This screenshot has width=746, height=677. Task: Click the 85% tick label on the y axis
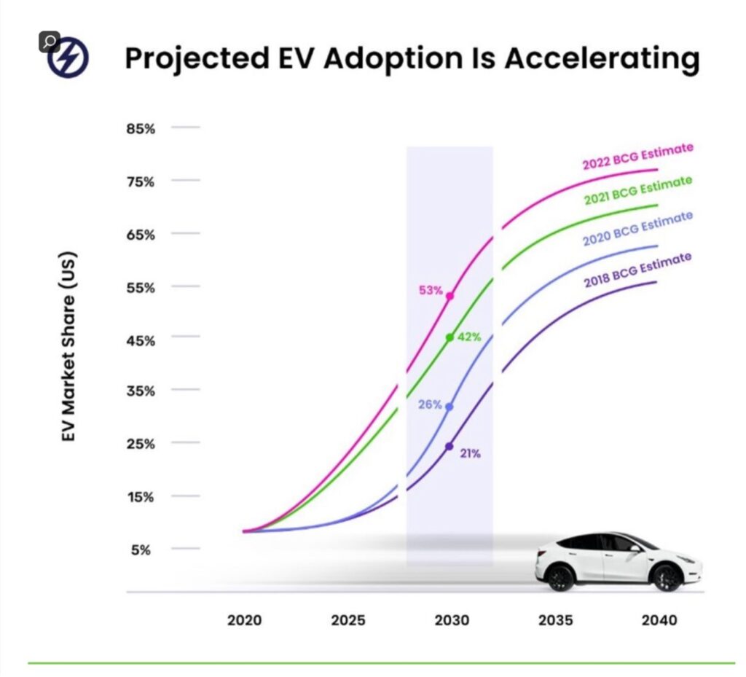coord(143,129)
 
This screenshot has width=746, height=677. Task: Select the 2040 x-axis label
coord(659,621)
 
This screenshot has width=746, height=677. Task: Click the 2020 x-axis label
coord(245,621)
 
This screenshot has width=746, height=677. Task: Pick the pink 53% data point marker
coord(449,296)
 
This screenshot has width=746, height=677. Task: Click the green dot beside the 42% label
coord(449,337)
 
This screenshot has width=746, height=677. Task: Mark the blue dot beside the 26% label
coord(449,406)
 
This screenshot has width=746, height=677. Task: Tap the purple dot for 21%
coord(449,446)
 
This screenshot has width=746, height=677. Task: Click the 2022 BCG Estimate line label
coord(637,156)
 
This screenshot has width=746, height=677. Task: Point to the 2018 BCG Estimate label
coord(637,268)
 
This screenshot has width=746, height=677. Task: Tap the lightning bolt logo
coord(69,58)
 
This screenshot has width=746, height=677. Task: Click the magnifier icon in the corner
coord(49,41)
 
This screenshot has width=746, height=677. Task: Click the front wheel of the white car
coord(667,577)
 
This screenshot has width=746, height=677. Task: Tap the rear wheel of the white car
coord(560,577)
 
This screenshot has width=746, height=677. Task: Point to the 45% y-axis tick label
coord(143,340)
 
